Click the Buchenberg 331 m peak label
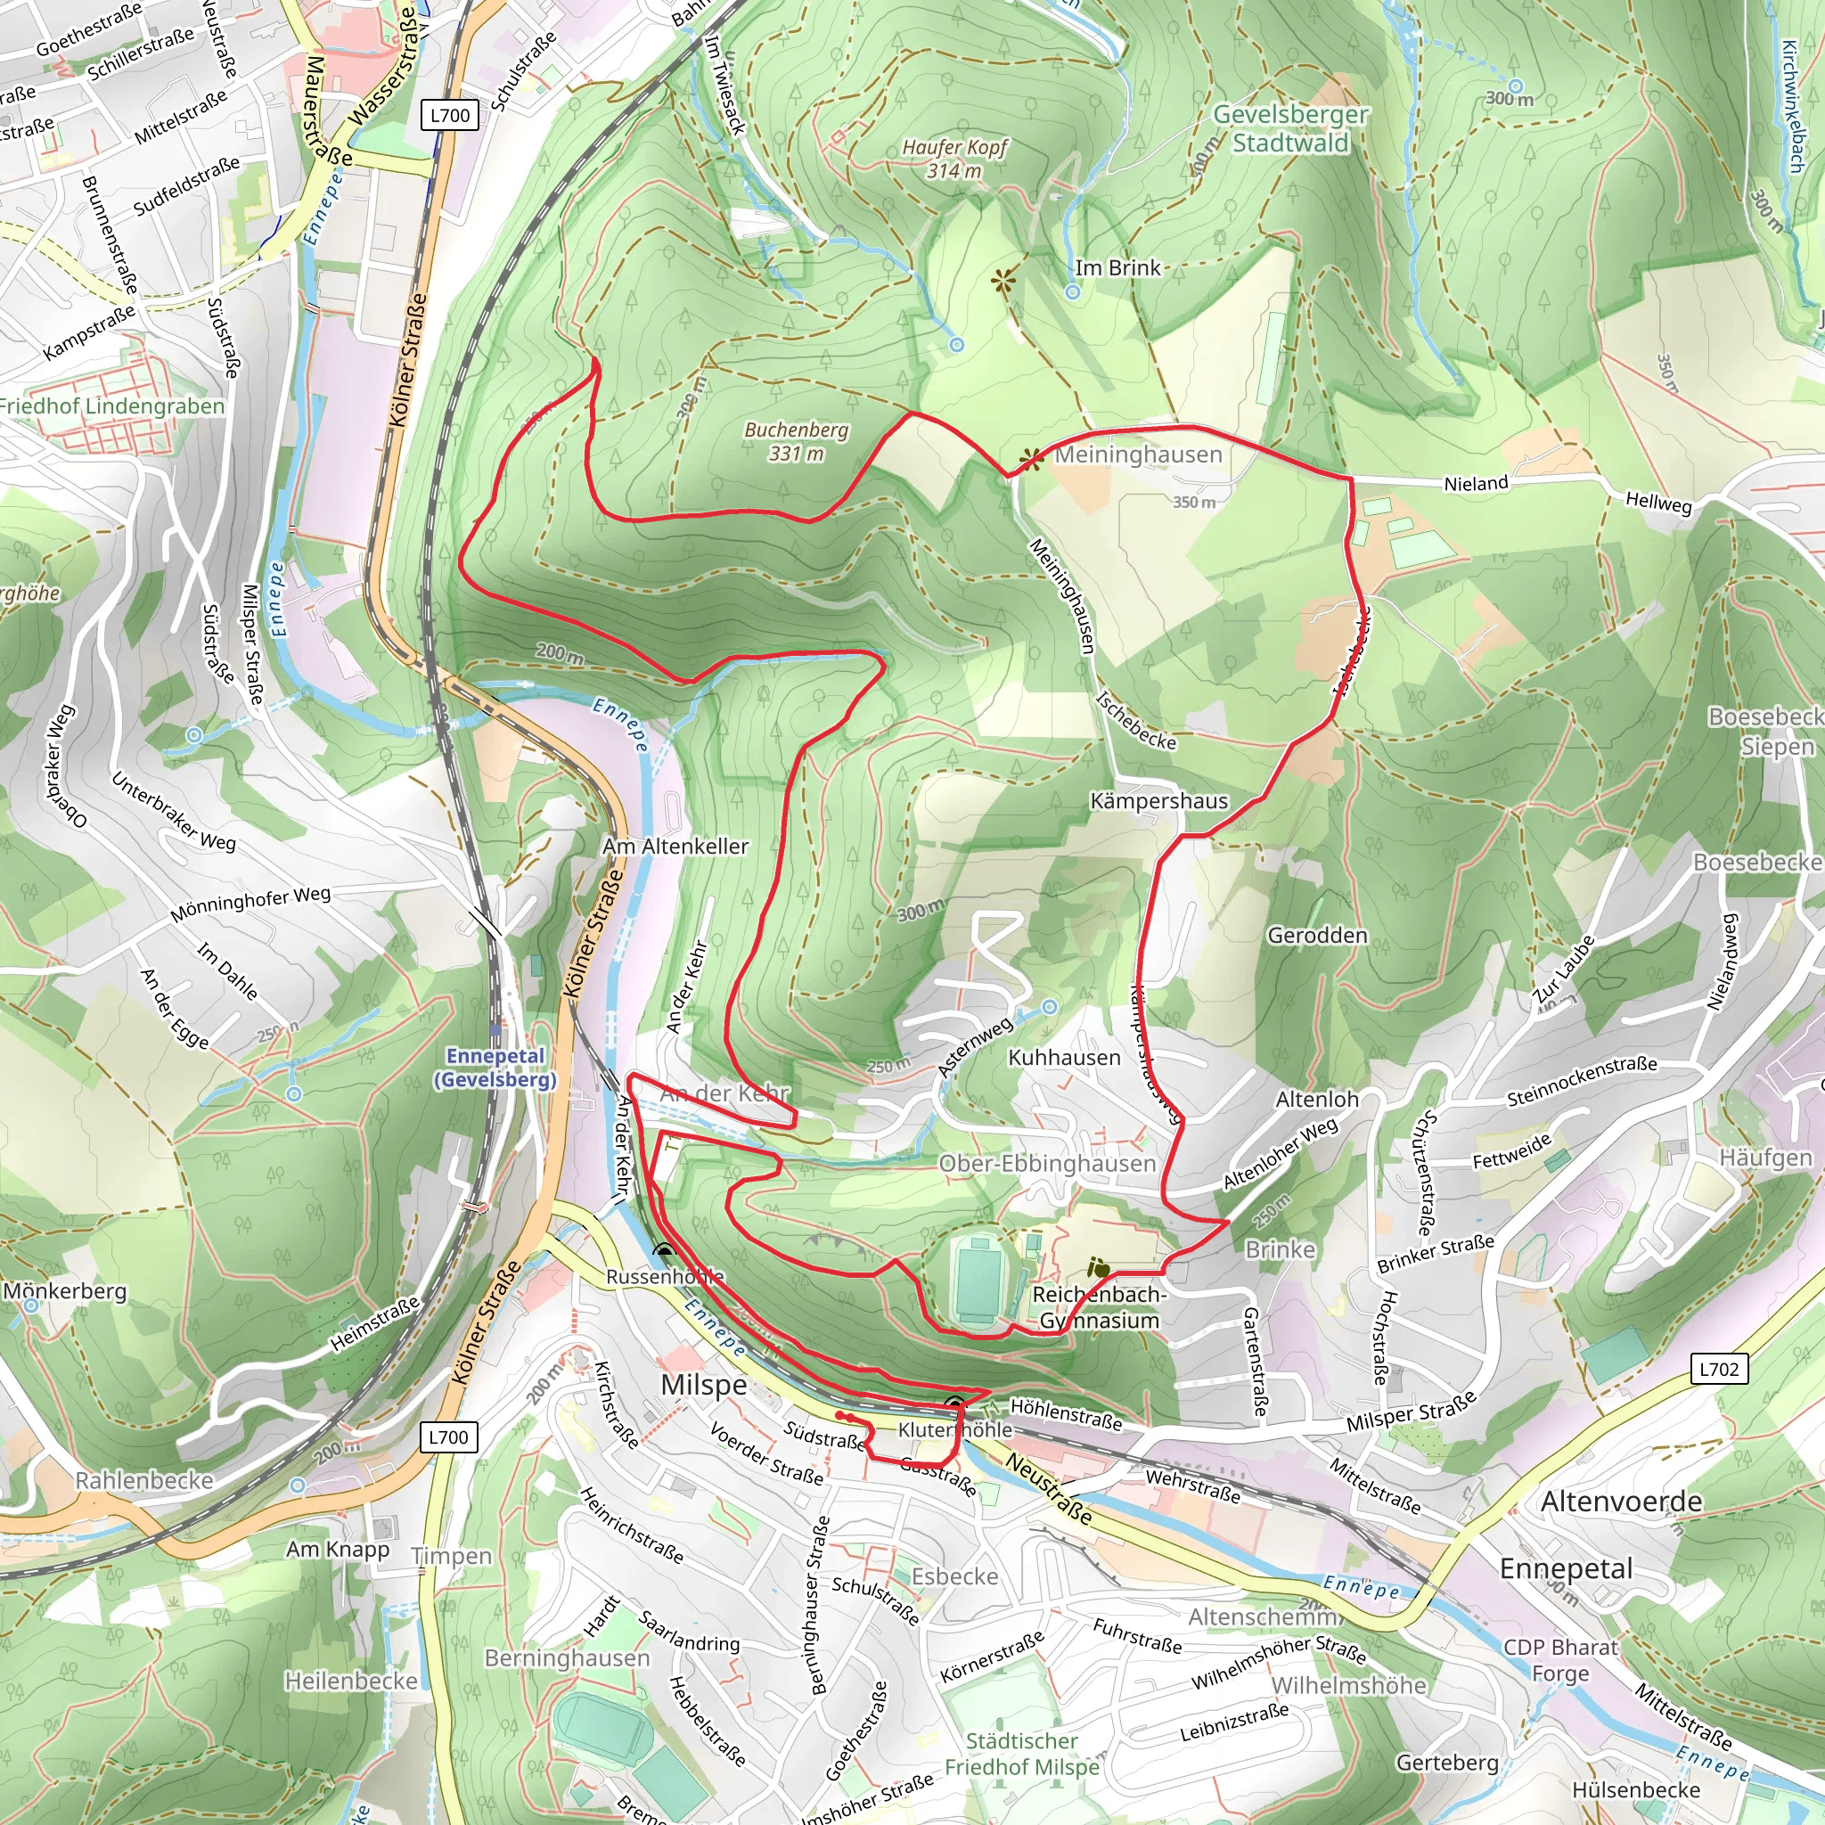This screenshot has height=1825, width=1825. point(797,441)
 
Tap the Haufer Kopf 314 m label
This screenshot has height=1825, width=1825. point(954,159)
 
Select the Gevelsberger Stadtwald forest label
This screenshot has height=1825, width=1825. point(1290,128)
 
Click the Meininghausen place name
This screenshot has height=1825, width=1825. point(1138,454)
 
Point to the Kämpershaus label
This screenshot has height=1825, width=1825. point(1159,801)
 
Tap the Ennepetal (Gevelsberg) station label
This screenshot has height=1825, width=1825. point(495,1068)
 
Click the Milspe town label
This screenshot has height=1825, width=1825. point(704,1385)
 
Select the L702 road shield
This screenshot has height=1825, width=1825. point(1718,1369)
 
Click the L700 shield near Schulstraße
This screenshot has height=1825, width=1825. point(450,115)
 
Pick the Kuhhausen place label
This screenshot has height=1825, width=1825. point(1065,1058)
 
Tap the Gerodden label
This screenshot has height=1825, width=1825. point(1317,935)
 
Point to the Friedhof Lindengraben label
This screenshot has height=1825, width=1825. point(111,406)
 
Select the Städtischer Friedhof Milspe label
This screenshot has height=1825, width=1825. point(1022,1753)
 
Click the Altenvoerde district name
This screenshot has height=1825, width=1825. point(1621,1501)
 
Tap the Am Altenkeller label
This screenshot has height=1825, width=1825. point(675,847)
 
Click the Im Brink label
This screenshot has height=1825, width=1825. point(1117,268)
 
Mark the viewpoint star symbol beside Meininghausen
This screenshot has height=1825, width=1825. point(1032,460)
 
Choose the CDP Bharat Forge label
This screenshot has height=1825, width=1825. point(1560,1659)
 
